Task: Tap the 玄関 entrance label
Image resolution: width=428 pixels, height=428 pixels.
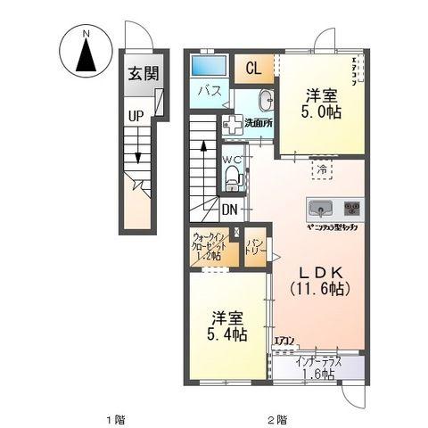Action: [x=140, y=73]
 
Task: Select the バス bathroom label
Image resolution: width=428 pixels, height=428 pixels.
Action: [x=209, y=89]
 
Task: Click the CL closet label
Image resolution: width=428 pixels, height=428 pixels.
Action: [x=254, y=68]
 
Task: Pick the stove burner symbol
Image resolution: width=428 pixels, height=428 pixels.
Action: [x=352, y=209]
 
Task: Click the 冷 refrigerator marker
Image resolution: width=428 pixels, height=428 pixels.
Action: [x=319, y=169]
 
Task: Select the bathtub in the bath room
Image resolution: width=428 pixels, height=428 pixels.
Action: [x=209, y=65]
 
